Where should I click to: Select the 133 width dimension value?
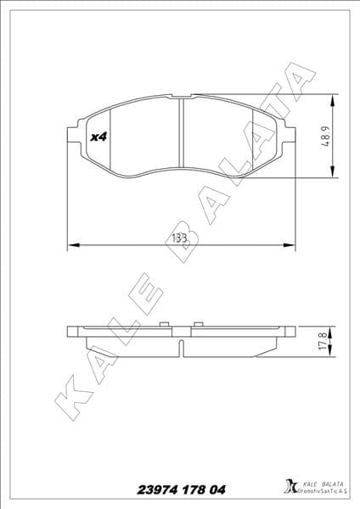180,238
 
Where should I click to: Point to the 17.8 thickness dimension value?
323,341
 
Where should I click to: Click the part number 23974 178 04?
181,489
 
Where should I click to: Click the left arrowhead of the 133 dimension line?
71,246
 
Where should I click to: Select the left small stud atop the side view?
163,324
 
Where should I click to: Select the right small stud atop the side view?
198,324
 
